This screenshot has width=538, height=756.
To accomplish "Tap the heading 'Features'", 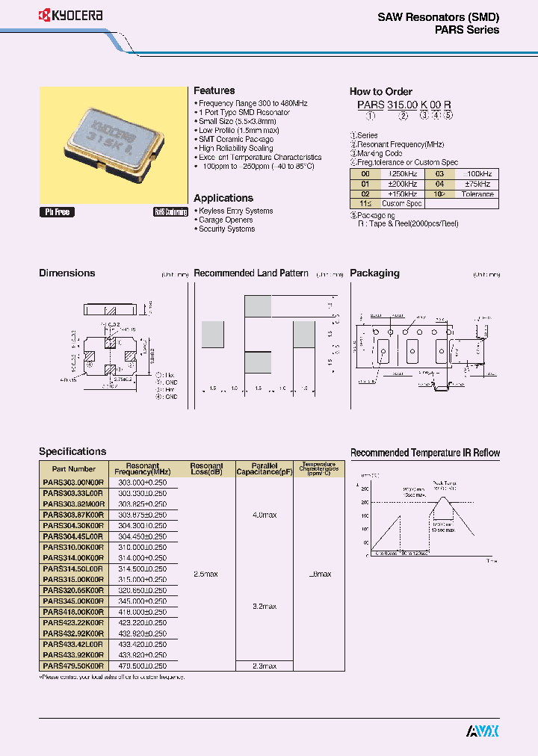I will click(x=214, y=90).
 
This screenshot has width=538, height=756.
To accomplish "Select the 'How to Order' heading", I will click(x=381, y=91).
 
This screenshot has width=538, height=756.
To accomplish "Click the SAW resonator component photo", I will click(x=112, y=141).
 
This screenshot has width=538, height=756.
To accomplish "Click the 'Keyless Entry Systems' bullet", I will click(x=235, y=211).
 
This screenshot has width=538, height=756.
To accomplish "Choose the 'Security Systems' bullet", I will click(x=226, y=229).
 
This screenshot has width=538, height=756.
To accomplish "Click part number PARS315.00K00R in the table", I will click(x=74, y=579).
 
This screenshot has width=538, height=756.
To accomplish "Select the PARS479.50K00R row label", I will click(x=74, y=665).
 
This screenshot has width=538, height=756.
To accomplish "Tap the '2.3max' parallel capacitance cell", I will click(x=264, y=665).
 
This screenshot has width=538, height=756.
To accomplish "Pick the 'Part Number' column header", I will click(x=74, y=469).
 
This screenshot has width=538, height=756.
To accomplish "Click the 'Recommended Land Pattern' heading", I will click(x=251, y=273).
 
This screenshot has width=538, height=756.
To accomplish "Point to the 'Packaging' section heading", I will click(x=374, y=273).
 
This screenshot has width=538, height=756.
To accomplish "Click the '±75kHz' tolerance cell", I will click(x=477, y=184).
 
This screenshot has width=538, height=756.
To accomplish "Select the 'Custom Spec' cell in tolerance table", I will click(x=402, y=203).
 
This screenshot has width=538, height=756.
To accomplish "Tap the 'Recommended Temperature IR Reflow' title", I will click(x=425, y=453).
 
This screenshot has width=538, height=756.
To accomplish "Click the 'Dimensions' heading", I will click(x=67, y=273).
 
